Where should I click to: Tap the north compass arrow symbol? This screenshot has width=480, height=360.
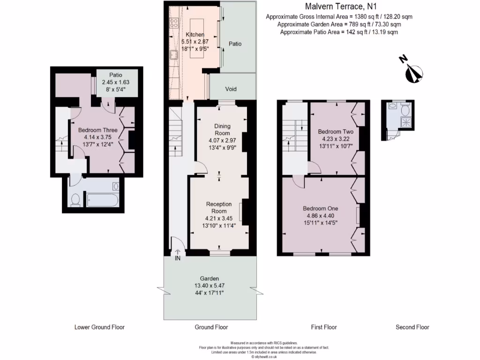coord(413,72)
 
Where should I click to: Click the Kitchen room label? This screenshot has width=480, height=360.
coord(195,35)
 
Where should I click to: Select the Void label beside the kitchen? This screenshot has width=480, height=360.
coord(231,89)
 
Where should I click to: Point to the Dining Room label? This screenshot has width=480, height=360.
coord(222,129)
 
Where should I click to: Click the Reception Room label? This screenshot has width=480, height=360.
coord(219,208)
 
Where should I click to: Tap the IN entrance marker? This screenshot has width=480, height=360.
coord(178,258)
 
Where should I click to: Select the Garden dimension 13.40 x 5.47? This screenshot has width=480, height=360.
coord(210,285)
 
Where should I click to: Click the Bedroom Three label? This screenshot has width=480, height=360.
coord(97,130)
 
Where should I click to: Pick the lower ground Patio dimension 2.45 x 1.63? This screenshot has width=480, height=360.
coord(116,82)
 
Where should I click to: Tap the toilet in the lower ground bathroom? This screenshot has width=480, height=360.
coord(75,201)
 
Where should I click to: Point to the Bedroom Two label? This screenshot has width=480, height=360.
coord(335,132)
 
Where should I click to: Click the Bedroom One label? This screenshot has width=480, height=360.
coord(320,209)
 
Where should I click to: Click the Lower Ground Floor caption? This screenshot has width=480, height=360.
coord(99,327)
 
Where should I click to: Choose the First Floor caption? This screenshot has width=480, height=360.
coord(323,327)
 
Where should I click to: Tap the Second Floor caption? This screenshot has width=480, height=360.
coord(412,327)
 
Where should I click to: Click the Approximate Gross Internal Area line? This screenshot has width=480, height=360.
coord(339,16)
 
